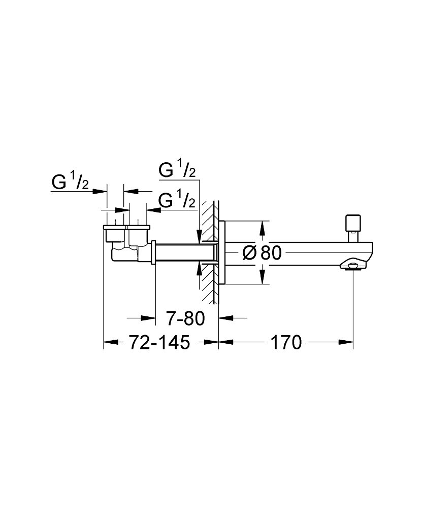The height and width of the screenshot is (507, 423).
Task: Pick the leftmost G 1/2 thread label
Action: point(71,183)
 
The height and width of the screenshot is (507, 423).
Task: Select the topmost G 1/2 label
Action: point(177,171)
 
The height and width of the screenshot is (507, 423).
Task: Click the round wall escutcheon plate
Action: point(222,252)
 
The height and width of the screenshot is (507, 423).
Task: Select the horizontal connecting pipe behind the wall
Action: point(185,252)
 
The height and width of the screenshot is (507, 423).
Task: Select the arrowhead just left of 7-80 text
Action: point(150,318)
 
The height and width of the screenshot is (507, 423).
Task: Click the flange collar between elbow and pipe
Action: point(153,252)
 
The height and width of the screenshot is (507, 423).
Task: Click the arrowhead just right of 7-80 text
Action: point(223,318)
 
